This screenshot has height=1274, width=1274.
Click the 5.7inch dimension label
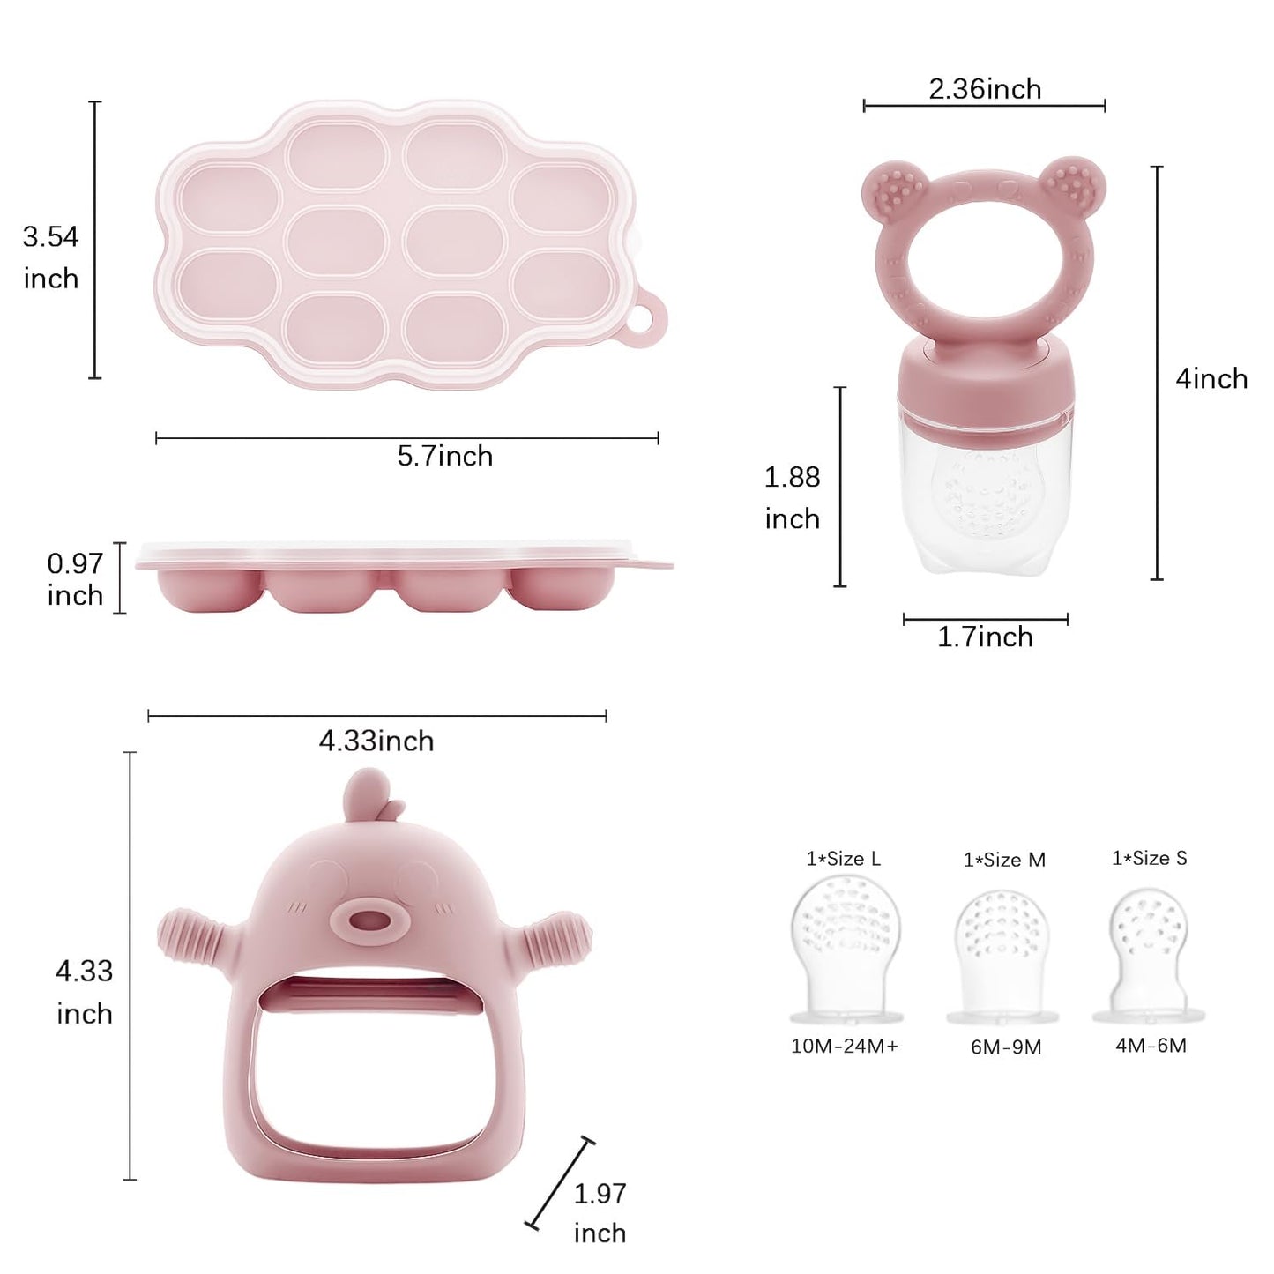point(445,456)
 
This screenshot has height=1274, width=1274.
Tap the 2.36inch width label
point(985,89)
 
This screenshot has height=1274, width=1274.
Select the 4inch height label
point(1211,379)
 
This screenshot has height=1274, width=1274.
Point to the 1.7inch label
point(985,637)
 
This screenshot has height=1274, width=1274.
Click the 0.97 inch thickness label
point(75,579)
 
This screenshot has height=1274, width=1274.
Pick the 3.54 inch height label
point(51,257)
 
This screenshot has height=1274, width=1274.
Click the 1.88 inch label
point(792,498)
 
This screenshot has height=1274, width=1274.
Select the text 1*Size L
point(843,859)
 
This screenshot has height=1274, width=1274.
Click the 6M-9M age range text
point(1006,1047)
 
